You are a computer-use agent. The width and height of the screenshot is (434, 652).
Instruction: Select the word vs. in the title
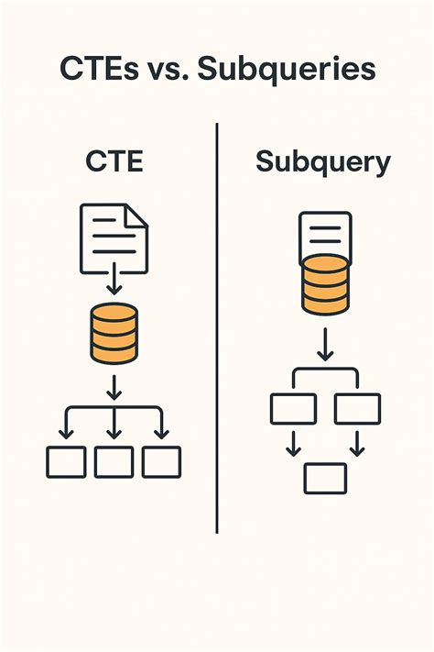pyautogui.click(x=168, y=71)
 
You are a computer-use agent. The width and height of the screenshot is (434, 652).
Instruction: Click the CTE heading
pyautogui.click(x=115, y=163)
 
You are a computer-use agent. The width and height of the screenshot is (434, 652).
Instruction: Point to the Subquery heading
pyautogui.click(x=322, y=163)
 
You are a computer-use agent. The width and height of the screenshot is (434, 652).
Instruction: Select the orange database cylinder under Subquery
pyautogui.click(x=323, y=284)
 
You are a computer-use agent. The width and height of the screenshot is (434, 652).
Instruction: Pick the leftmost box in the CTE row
pyautogui.click(x=65, y=461)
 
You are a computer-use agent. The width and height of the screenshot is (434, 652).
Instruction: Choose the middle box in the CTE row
pyautogui.click(x=114, y=461)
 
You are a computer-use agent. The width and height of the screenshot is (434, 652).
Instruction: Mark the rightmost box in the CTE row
pyautogui.click(x=162, y=461)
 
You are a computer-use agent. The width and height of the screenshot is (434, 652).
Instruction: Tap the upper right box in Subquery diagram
pyautogui.click(x=357, y=408)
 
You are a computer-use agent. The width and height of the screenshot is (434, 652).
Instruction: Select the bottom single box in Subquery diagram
pyautogui.click(x=324, y=478)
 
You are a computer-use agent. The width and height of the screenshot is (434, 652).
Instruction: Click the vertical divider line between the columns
pyautogui.click(x=217, y=330)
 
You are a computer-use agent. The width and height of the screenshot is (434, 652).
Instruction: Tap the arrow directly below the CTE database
pyautogui.click(x=114, y=386)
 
